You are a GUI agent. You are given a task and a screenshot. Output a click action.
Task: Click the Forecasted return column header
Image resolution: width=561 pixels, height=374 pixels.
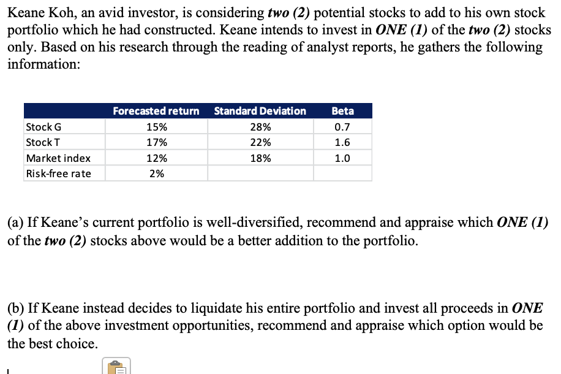click(x=156, y=111)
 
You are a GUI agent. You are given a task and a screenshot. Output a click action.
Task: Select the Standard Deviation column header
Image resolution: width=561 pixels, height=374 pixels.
click(x=260, y=111)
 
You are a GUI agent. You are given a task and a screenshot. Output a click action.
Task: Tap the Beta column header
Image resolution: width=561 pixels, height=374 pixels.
click(x=342, y=111)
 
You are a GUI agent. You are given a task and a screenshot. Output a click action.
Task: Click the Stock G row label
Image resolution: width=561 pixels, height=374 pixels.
click(x=43, y=127)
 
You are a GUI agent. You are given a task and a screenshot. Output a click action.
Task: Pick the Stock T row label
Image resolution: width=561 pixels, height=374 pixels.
click(x=43, y=142)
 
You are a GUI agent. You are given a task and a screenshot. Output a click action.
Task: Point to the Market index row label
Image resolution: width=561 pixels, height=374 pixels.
click(x=58, y=158)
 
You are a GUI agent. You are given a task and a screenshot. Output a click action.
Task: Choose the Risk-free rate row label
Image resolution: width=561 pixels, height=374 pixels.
click(x=58, y=174)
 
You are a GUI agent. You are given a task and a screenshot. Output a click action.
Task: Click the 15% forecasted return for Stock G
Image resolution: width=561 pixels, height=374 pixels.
click(x=157, y=127)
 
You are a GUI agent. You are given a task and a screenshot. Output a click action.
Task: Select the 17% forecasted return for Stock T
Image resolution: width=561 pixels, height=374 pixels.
click(x=157, y=142)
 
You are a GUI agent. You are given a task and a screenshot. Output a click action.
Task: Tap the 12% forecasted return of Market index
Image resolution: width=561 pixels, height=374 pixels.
click(x=157, y=158)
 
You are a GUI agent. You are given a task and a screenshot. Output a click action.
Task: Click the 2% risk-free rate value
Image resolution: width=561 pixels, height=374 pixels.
click(x=157, y=174)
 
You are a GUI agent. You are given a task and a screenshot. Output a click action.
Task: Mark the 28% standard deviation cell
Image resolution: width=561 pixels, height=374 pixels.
click(x=260, y=127)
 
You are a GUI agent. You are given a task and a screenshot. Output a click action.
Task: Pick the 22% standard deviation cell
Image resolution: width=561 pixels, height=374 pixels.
click(x=260, y=142)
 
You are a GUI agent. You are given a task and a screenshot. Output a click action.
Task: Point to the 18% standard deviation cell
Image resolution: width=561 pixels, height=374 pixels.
click(x=260, y=158)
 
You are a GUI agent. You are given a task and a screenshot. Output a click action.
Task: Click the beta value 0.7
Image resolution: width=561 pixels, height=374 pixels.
click(x=342, y=127)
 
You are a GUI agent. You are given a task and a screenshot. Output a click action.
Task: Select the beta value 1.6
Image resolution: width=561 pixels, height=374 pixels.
click(x=342, y=142)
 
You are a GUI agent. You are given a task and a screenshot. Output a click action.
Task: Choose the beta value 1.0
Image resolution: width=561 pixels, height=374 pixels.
click(x=342, y=158)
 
